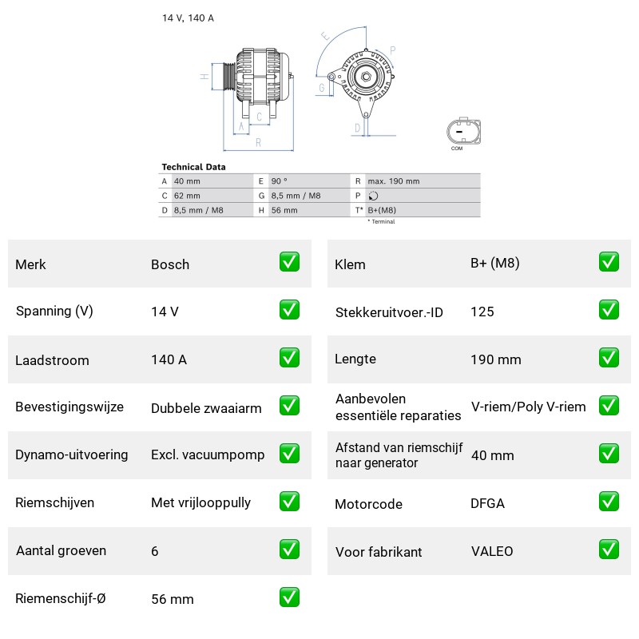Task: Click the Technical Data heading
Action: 193,167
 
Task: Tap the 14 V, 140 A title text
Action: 188,18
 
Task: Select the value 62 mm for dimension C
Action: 187,196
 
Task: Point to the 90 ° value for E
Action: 279,181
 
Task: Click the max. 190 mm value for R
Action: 393,181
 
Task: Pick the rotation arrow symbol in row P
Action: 373,196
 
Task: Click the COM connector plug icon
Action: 463,132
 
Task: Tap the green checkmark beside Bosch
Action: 289,262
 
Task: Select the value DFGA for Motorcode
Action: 487,504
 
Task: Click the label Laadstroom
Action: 52,360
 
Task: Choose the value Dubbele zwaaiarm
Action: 206,408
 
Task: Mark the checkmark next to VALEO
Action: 609,550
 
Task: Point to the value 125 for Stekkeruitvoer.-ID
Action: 482,312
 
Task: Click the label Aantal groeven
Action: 62,550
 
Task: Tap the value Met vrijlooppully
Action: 201,502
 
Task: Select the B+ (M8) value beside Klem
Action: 494,264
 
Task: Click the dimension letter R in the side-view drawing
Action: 258,143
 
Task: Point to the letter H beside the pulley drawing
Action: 204,76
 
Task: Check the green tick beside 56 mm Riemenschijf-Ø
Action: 289,597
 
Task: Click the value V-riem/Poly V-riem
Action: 528,407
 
